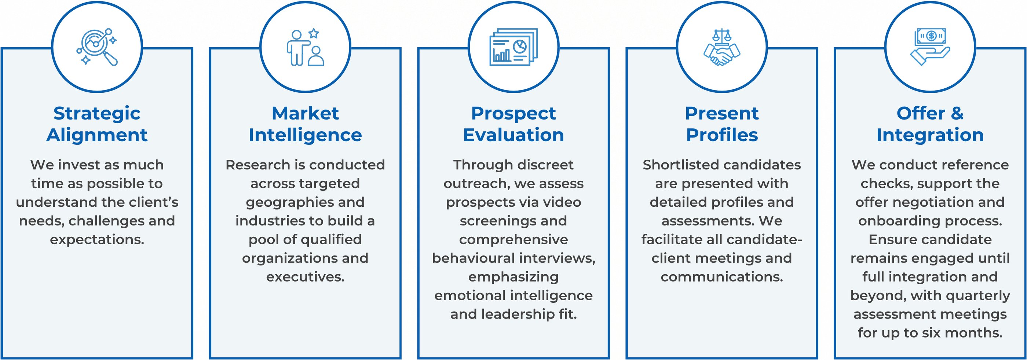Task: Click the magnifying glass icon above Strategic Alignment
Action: point(97,47)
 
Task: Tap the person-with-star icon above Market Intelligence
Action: point(306,47)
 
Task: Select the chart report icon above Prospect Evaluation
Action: point(513,47)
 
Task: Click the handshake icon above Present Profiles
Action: point(721,47)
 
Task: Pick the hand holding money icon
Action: point(930,47)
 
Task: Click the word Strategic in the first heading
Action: point(97,113)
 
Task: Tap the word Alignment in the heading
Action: point(97,135)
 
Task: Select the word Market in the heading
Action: point(306,113)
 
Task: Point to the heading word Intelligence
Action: point(306,135)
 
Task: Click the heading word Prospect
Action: point(513,113)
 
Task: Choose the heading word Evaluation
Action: point(513,135)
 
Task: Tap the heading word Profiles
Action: point(722,135)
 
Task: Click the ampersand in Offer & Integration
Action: point(957,113)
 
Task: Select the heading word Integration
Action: point(930,135)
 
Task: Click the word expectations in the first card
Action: point(97,240)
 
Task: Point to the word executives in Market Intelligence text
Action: point(306,277)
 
